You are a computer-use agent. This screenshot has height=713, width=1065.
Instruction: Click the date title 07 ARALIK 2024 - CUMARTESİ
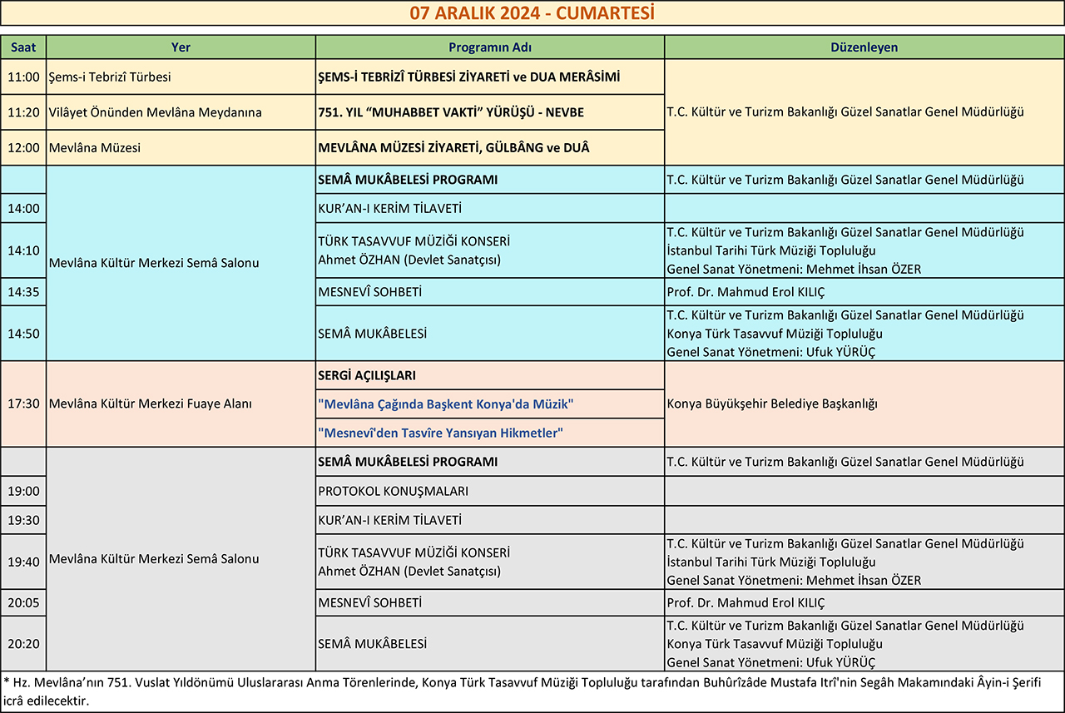tap(532, 13)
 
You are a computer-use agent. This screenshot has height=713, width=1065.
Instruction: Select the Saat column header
tap(23, 47)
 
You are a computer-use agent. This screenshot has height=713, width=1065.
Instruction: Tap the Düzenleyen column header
tap(864, 47)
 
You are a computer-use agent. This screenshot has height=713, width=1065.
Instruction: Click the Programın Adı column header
tap(489, 47)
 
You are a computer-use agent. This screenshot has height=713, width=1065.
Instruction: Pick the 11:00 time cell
tap(23, 77)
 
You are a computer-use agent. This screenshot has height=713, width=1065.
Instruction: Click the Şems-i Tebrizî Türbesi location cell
tap(110, 77)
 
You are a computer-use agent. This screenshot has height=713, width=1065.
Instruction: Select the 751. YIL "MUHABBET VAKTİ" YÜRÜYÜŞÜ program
tap(452, 112)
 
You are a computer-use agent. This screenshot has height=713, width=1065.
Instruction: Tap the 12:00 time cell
tap(23, 148)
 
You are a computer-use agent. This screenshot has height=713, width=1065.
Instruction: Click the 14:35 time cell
tap(23, 292)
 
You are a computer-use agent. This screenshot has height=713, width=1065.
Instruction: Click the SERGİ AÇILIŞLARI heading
tap(367, 376)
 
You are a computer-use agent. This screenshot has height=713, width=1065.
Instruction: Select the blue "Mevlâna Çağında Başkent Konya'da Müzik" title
tap(446, 404)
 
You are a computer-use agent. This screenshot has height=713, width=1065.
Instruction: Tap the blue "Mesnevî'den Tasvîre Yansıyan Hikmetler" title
tap(441, 433)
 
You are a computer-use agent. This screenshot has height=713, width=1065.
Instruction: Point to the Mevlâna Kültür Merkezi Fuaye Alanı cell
tap(151, 404)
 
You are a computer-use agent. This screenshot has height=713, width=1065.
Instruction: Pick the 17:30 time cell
tap(23, 404)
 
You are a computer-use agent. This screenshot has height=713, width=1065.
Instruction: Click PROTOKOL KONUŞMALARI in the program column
tap(393, 491)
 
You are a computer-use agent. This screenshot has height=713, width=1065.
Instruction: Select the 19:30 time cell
tap(23, 520)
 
